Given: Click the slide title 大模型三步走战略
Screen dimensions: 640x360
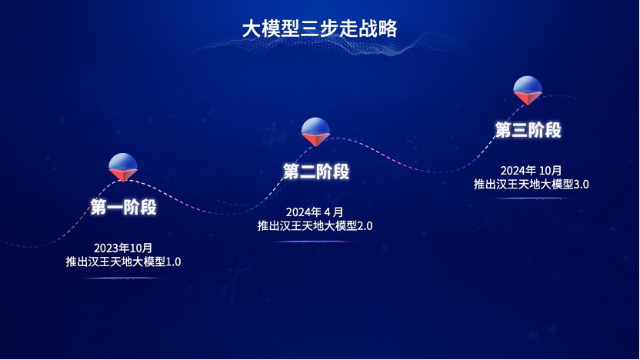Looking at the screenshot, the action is (319, 28).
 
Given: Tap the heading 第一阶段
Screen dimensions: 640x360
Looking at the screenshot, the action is (124, 207).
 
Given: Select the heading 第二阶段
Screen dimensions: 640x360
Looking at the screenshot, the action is (316, 171).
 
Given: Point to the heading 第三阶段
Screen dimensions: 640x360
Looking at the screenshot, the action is (528, 130).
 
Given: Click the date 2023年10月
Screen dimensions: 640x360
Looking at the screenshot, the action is (123, 248).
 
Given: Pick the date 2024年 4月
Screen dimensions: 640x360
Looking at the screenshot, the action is (315, 212).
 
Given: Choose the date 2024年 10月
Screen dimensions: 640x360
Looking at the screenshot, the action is (531, 170).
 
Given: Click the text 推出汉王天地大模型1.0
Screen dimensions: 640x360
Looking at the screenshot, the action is (123, 262).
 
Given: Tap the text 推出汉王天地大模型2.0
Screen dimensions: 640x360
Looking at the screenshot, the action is (315, 225).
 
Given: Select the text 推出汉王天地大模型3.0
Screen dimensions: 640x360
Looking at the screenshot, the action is (531, 184).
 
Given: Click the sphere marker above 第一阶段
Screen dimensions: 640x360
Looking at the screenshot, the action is (123, 167).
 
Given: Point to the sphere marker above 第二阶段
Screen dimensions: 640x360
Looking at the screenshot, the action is (315, 132).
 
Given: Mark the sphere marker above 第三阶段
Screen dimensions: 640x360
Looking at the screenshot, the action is (528, 90).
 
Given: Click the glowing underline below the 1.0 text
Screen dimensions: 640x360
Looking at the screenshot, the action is (122, 278).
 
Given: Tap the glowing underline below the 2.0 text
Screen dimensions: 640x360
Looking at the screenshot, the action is (315, 242).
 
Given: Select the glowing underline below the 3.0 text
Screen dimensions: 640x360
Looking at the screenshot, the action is (531, 198).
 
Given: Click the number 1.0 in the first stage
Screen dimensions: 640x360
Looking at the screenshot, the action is (173, 262).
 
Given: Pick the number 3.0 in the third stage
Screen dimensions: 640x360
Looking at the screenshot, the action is (582, 185).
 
